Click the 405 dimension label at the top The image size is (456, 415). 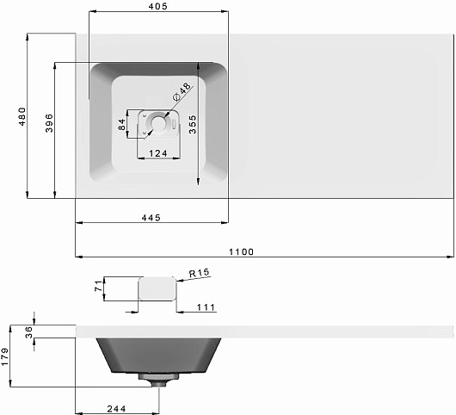click(x=158, y=6)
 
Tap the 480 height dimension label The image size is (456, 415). click(x=22, y=116)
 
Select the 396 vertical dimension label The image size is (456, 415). click(x=49, y=123)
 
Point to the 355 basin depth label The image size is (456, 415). click(x=193, y=125)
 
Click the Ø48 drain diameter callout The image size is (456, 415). click(x=182, y=91)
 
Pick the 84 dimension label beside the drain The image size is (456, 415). click(x=122, y=125)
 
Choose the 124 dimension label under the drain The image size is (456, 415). click(x=158, y=153)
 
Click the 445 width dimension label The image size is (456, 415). click(x=151, y=218)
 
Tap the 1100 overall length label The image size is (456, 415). click(x=241, y=251)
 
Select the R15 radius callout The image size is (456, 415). click(x=200, y=273)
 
